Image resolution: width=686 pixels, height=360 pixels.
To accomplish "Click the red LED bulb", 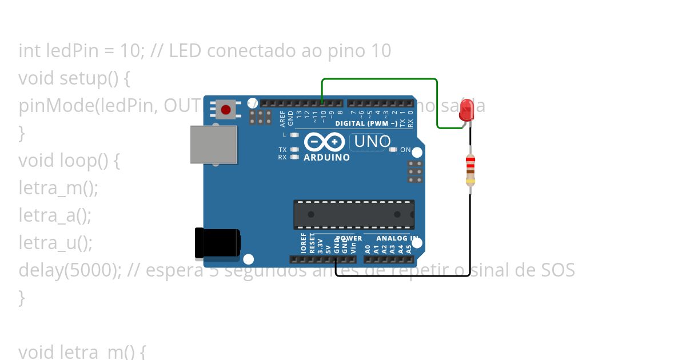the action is (x=467, y=110).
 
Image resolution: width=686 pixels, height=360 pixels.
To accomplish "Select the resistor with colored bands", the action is (x=470, y=170).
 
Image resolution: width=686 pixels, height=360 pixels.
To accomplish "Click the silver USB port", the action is (x=214, y=145).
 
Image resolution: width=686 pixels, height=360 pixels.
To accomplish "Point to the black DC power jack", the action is (x=217, y=242).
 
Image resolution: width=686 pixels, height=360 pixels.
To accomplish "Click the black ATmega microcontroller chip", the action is (x=354, y=214).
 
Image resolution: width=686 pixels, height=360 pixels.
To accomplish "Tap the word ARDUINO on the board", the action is (x=326, y=157).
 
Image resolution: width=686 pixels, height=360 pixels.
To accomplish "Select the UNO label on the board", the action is (x=372, y=141).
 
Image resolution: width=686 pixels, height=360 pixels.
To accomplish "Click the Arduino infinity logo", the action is (x=325, y=142).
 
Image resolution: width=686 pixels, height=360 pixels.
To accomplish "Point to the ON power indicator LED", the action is (x=393, y=150).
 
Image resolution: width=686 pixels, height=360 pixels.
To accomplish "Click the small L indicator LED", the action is (x=295, y=135).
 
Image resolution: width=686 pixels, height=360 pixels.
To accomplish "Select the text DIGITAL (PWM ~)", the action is (x=366, y=123).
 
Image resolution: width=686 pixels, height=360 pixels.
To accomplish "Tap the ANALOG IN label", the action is (x=397, y=238).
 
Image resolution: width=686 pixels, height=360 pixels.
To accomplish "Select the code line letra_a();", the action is (x=55, y=215).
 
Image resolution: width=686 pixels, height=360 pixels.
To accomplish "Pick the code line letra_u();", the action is (x=55, y=242).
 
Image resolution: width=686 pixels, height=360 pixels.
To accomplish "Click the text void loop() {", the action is (x=69, y=161).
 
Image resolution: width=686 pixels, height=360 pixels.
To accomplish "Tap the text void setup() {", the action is (x=74, y=78).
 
